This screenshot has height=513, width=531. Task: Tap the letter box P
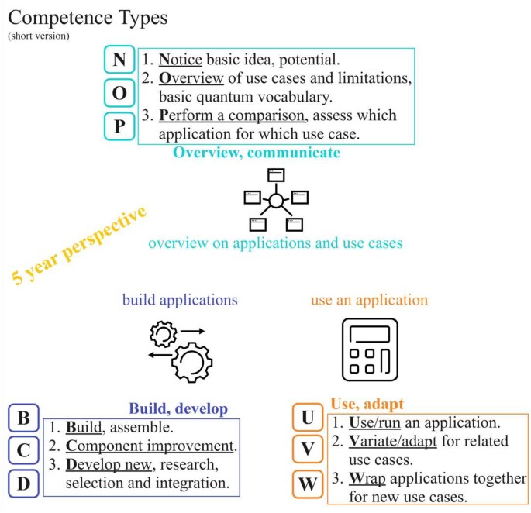coord(119,126)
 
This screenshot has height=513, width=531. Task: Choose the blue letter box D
coord(23,484)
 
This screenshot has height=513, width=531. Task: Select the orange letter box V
coord(308,450)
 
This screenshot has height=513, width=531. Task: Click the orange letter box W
coord(308,485)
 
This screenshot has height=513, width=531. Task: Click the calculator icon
coord(370,347)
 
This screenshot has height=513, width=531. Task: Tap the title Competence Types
coord(88,17)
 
